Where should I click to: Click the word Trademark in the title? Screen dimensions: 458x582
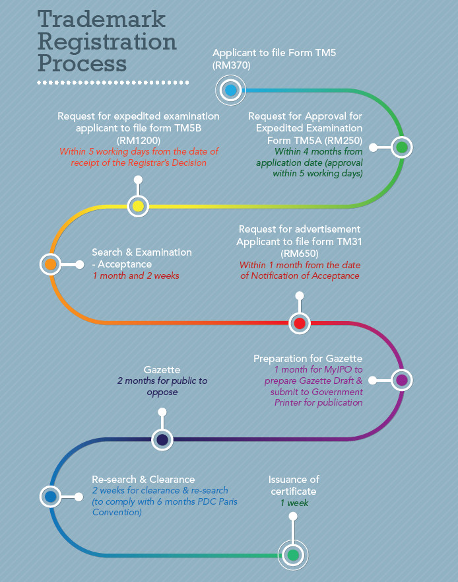(x=101, y=19)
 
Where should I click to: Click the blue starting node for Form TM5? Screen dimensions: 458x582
(x=231, y=90)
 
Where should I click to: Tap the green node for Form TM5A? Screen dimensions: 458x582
(x=402, y=147)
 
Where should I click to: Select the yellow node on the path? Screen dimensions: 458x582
(x=138, y=206)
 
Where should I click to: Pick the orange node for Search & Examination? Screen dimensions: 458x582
(x=50, y=264)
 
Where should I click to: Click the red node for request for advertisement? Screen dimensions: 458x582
(x=299, y=323)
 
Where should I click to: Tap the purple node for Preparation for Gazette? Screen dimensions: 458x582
(x=402, y=380)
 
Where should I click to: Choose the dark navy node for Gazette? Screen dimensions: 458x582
(x=162, y=439)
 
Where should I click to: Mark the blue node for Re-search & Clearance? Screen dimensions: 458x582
(x=50, y=496)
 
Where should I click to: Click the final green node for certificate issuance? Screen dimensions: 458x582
(x=293, y=556)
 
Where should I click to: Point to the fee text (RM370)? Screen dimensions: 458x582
(x=232, y=65)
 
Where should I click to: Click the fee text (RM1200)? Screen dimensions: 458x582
(x=139, y=140)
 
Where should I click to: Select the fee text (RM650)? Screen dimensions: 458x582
(x=300, y=254)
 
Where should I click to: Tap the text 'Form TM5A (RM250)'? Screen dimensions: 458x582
(x=315, y=140)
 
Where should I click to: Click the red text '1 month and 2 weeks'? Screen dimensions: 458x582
(x=136, y=275)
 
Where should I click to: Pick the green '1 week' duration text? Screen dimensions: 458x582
(x=294, y=503)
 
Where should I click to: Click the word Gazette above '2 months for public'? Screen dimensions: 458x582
(x=162, y=370)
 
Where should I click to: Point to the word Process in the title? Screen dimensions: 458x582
(x=82, y=63)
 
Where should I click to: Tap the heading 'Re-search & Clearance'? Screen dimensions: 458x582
(x=143, y=479)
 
